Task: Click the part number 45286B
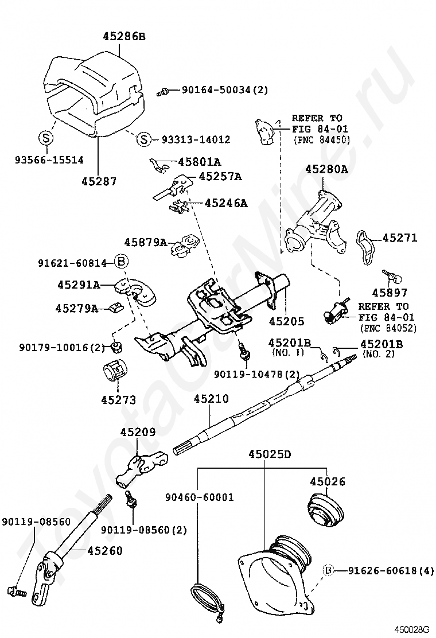coord(124,37)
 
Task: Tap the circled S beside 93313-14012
coord(144,139)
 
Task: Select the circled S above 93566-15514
coord(46,138)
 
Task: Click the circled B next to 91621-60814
coord(121,262)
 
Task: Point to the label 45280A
coord(326,169)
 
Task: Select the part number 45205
coord(286,321)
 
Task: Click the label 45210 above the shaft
coord(211,399)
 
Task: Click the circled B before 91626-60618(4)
coord(329,571)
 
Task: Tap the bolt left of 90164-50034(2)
coord(162,92)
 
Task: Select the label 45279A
coord(77,309)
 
